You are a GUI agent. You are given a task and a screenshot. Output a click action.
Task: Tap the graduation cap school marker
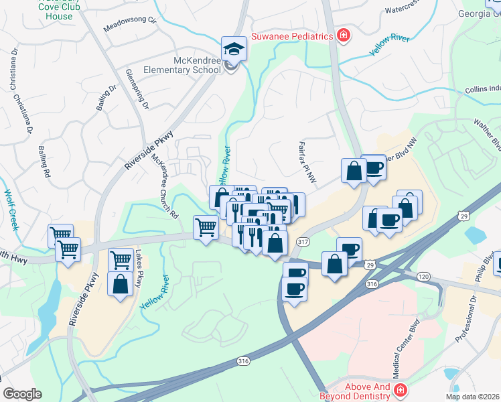234,48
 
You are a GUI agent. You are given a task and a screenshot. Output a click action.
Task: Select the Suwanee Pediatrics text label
292,36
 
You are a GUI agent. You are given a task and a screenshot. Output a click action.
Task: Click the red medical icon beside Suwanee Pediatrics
343,35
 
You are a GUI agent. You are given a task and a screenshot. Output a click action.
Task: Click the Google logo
22,394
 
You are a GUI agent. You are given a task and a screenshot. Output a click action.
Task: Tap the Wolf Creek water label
11,209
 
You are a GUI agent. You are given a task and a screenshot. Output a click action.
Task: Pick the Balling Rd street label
44,161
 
